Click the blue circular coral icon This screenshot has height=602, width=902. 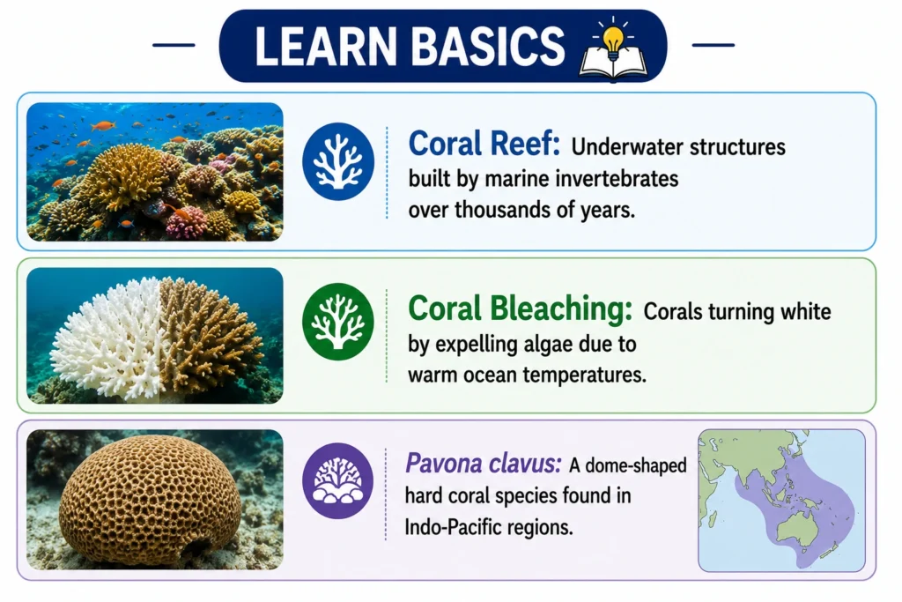[x=338, y=161]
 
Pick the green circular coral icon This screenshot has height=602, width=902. [x=338, y=322]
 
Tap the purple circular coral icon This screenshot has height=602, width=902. [x=338, y=480]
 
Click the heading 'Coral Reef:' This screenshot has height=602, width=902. [x=484, y=144]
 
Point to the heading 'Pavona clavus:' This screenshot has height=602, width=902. [x=483, y=463]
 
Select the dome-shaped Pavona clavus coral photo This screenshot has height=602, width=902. [x=150, y=501]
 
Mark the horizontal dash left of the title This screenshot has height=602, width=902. [x=174, y=45]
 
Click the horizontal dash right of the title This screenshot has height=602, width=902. [x=713, y=45]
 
